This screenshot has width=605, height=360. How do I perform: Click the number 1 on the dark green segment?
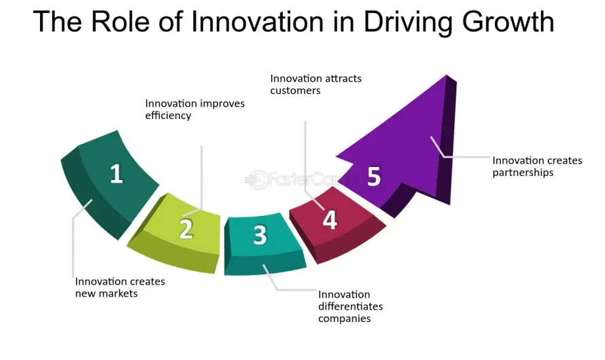pos(116,174)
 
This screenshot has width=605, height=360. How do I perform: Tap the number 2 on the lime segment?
pos(186,229)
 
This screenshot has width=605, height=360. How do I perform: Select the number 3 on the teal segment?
pos(260,235)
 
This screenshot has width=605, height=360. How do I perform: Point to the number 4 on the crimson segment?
pos(330,219)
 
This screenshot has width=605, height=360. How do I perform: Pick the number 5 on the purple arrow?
pos(374,176)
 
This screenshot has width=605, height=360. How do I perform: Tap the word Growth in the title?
pos(506,22)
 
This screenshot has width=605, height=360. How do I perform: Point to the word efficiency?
pos(169,115)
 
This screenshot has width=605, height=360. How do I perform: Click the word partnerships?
pos(523,173)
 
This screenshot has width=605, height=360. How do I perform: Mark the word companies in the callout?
pos(345,318)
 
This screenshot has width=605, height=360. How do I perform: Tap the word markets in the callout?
pos(117,293)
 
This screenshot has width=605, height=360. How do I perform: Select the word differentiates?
pos(351,306)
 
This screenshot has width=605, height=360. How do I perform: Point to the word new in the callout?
pos(85,293)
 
